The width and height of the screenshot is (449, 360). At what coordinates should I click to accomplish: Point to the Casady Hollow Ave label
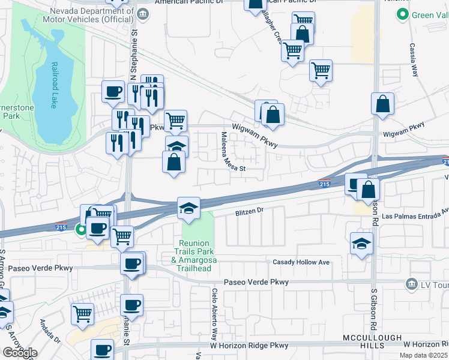301,263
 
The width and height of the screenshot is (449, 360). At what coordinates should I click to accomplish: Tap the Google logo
19,353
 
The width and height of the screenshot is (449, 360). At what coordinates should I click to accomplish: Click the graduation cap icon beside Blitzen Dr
188,209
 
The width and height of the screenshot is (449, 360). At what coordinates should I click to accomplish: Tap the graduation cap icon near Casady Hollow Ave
361,244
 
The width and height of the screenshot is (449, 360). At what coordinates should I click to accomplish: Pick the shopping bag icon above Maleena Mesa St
173,162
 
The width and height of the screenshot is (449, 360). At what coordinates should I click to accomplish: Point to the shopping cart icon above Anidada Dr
82,313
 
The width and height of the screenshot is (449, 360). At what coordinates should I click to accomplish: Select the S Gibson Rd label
373,309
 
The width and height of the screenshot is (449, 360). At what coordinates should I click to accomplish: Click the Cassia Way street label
414,60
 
